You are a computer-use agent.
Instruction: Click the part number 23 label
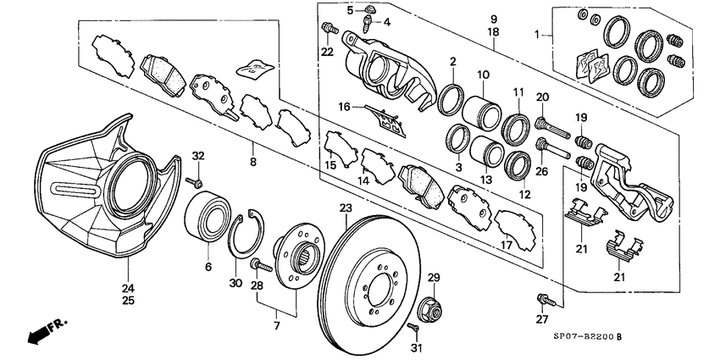(345, 208)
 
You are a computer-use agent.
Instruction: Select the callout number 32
(198, 156)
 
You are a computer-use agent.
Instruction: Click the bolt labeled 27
(542, 298)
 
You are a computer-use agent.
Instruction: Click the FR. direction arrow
(42, 330)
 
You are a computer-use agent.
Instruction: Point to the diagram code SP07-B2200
(580, 338)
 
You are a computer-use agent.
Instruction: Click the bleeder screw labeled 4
(370, 20)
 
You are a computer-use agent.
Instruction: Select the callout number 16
(344, 108)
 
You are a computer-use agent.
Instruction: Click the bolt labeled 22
(327, 31)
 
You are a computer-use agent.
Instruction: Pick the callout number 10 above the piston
(483, 75)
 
